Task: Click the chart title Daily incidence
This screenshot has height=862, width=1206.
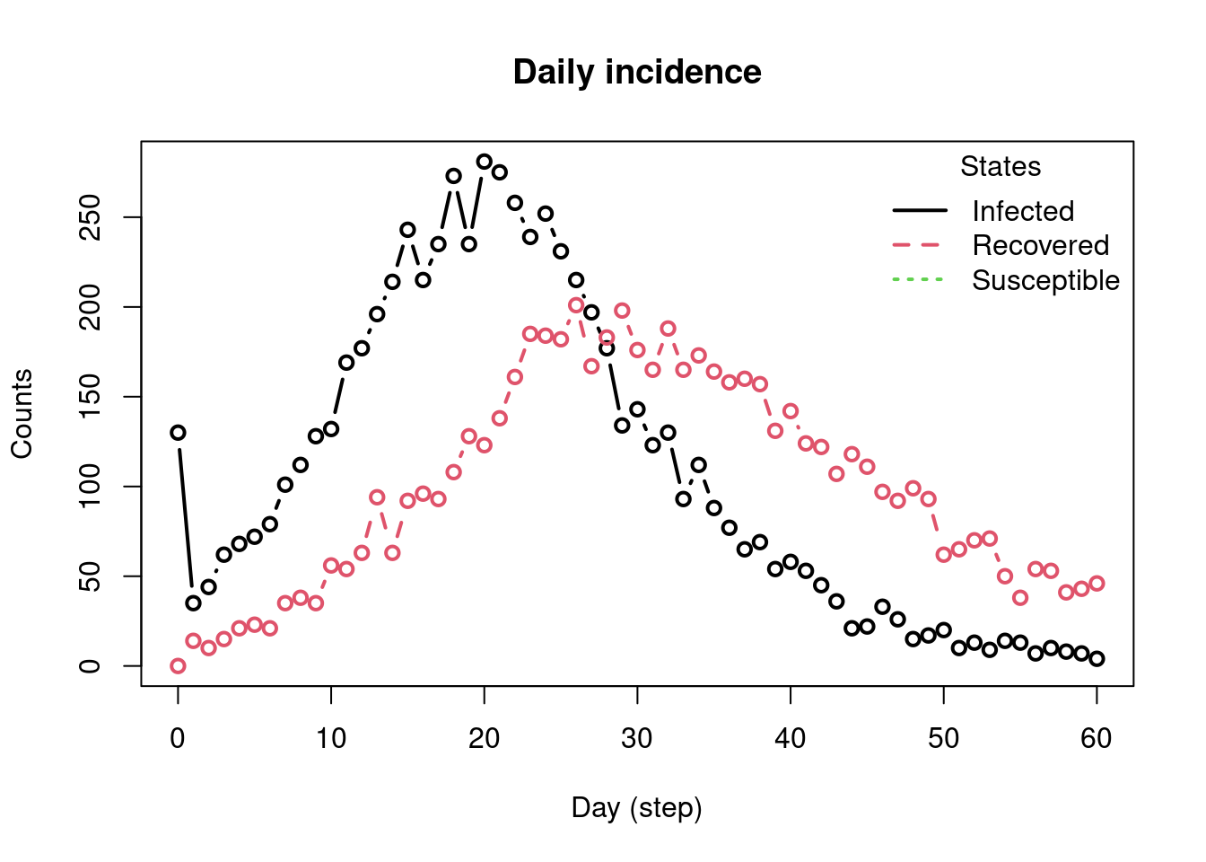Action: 637,72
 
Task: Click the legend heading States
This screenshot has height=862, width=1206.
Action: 1001,167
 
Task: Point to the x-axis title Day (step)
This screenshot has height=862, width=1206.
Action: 637,808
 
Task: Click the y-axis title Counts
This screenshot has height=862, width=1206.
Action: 22,414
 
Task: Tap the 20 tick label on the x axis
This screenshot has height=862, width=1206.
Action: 485,739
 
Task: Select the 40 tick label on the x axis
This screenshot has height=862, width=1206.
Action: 791,739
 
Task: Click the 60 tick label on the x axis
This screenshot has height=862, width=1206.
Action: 1097,739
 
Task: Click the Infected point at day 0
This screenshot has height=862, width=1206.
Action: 178,433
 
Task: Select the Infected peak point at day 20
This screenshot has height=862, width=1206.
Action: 485,162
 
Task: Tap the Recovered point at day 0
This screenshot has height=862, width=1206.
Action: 178,666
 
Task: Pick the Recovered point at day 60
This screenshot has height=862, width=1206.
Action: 1097,584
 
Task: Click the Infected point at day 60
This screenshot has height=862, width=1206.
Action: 1097,659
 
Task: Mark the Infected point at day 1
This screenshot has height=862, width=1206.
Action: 193,603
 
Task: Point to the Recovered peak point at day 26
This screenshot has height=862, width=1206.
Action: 576,305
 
